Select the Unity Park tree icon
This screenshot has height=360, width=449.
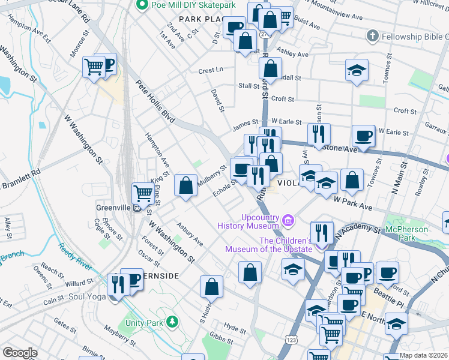tap(172, 322)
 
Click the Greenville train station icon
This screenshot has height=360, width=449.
tap(137, 208)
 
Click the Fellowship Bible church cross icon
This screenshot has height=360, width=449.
tap(372, 37)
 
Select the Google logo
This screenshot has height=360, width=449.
tap(19, 352)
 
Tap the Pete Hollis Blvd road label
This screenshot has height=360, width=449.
tap(154, 102)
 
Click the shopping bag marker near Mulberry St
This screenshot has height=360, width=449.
tap(186, 185)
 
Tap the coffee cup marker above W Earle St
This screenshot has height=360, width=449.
tap(363, 136)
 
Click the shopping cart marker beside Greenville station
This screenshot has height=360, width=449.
tap(143, 193)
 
